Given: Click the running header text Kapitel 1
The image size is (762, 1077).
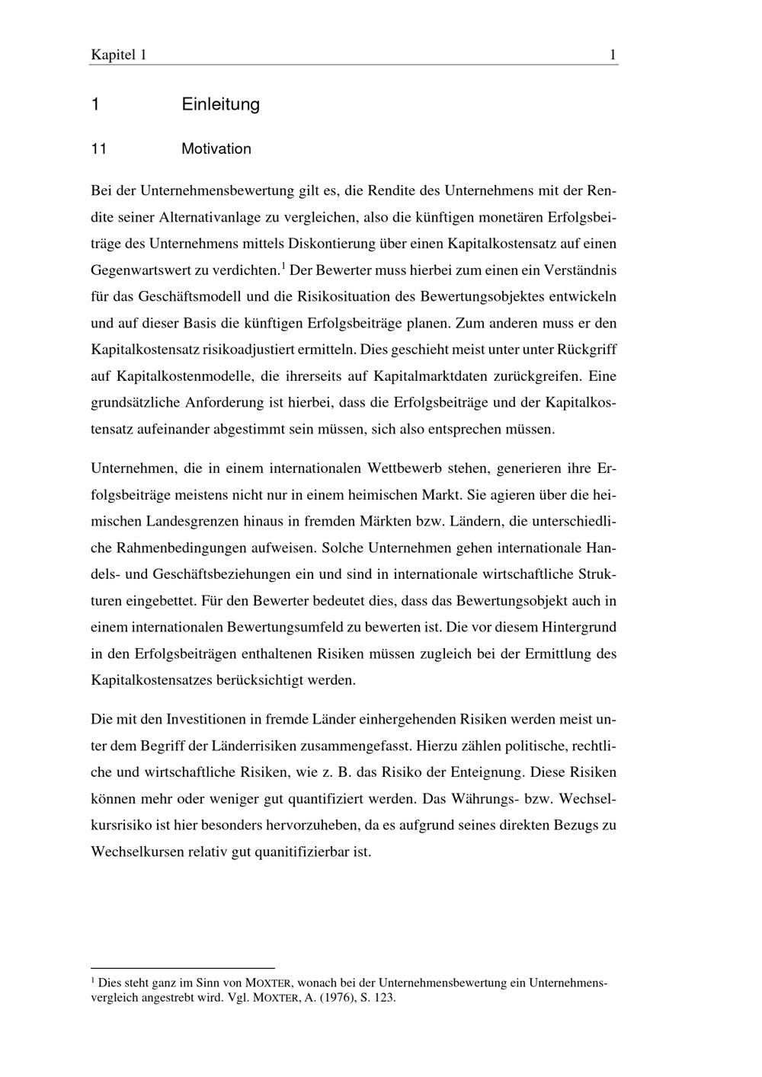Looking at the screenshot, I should [118, 55].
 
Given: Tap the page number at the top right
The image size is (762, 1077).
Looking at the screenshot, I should [613, 55].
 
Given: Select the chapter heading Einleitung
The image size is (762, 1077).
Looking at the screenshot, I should [220, 104].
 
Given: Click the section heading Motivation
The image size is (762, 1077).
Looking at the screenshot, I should [216, 149].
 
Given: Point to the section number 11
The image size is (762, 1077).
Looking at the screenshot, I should [98, 149].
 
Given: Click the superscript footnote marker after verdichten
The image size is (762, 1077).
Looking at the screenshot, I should [283, 266].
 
